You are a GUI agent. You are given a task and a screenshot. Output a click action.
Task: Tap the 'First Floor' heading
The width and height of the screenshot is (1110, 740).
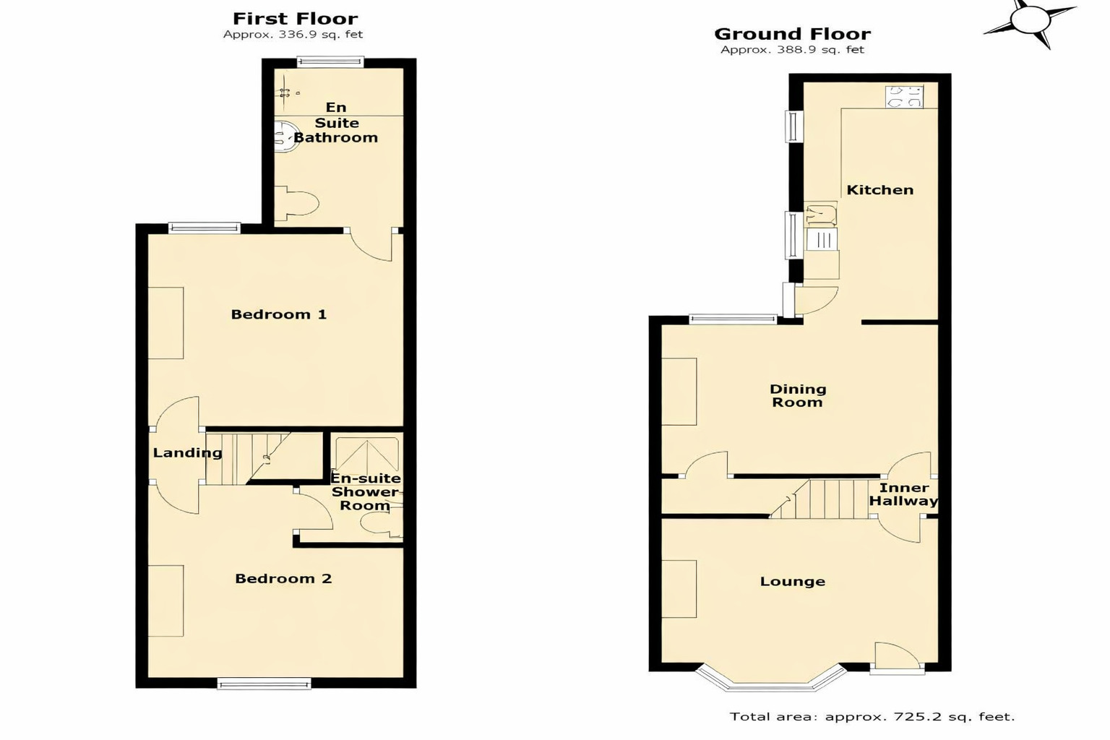(295, 19)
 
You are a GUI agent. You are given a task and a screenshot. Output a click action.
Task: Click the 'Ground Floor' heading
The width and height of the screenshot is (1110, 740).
(792, 34)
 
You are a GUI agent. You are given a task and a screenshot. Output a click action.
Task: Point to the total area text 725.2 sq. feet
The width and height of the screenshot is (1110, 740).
(872, 717)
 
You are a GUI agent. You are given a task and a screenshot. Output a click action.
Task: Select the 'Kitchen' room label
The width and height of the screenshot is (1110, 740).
(879, 190)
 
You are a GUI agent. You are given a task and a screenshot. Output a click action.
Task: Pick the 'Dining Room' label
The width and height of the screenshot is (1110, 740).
(798, 396)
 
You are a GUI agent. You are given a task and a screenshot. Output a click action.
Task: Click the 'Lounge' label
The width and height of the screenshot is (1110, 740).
(792, 582)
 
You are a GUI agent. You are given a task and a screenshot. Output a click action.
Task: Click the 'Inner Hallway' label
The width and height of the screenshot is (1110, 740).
(903, 494)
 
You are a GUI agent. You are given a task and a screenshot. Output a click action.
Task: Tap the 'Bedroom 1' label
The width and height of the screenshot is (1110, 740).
(278, 314)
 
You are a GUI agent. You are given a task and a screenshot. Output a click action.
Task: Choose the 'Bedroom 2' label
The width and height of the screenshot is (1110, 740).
(283, 579)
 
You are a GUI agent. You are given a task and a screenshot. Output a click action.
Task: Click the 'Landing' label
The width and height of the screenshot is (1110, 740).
(187, 453)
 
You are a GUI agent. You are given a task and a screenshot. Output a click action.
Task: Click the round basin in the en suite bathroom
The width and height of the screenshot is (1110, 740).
(285, 137)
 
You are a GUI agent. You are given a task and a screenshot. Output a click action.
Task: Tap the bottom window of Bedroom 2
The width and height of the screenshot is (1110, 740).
(264, 683)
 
